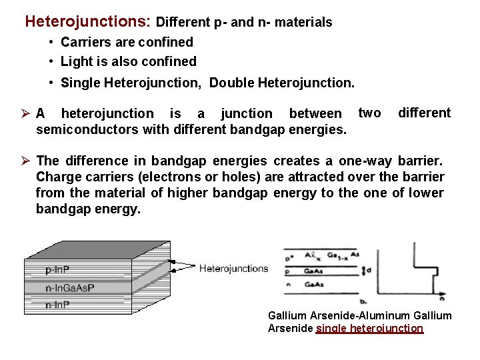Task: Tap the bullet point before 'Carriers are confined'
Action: tap(51, 43)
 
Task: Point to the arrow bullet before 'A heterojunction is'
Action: tap(27, 114)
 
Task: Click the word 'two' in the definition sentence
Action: tap(370, 113)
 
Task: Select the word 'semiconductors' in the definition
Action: tap(87, 129)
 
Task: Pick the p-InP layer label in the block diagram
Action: tap(57, 271)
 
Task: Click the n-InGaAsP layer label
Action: tap(69, 288)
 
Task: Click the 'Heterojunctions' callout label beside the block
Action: tap(233, 269)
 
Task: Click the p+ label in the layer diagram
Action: tap(289, 257)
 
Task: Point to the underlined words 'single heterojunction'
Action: tap(369, 328)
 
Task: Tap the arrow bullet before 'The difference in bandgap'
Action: tap(27, 161)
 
